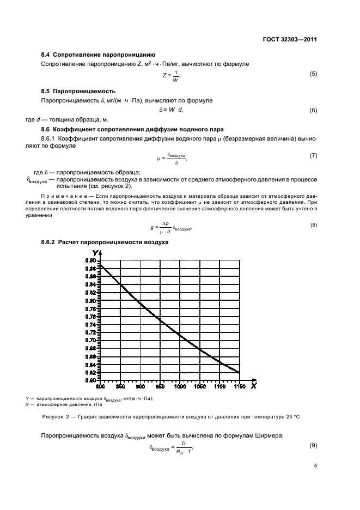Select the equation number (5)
(x=313, y=74)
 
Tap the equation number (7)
(x=313, y=156)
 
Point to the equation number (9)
(x=313, y=446)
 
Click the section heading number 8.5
(x=47, y=90)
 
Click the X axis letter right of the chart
(x=253, y=386)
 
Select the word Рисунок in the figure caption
(x=52, y=417)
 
